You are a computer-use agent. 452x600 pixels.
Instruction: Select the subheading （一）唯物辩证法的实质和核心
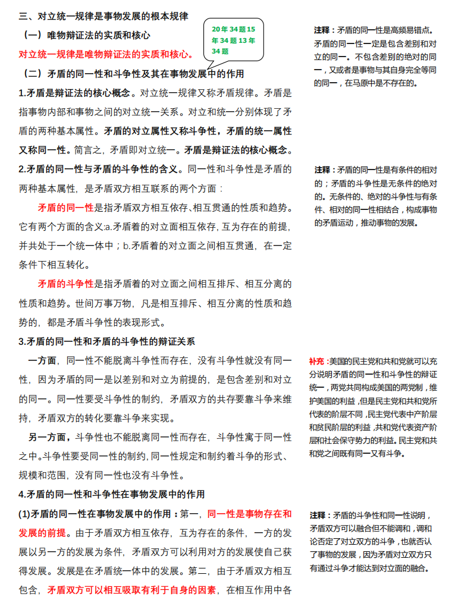click(x=86, y=35)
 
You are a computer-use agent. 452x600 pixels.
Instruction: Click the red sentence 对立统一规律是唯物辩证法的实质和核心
click(x=106, y=55)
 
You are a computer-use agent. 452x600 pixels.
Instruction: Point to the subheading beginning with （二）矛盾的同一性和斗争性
click(x=133, y=74)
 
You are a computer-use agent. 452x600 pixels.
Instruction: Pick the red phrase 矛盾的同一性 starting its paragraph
click(x=65, y=208)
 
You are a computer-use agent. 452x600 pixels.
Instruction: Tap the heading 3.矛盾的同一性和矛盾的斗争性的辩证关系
click(x=107, y=341)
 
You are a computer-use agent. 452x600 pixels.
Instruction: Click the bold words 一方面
click(x=42, y=360)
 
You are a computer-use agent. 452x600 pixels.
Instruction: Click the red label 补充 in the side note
click(x=316, y=361)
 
